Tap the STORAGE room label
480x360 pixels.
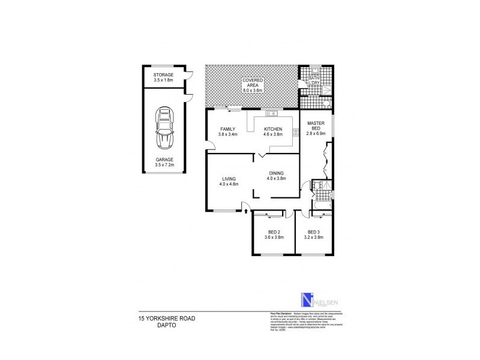pos(163,75)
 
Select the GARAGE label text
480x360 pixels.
pos(163,160)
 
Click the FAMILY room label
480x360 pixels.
pos(227,130)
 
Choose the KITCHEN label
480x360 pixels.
pos(272,130)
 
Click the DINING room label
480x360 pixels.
pos(276,173)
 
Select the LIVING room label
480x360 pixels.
pos(229,179)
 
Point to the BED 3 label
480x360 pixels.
pos(315,232)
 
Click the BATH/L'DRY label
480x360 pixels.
pos(314,81)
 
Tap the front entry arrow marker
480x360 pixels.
pos(245,207)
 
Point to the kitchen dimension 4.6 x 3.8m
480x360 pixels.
pos(272,134)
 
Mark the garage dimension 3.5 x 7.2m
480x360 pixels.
pos(163,164)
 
